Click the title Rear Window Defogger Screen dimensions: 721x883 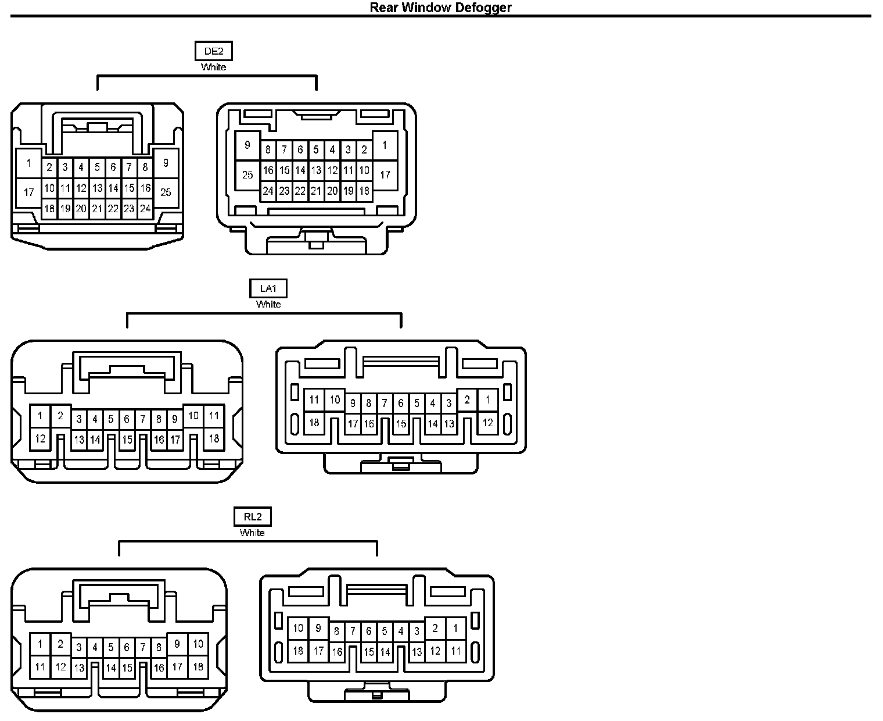(440, 8)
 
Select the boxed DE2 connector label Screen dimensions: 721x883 (213, 51)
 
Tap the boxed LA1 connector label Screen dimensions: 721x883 (268, 288)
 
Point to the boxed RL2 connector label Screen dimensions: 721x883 (252, 517)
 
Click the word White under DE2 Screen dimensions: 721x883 (213, 67)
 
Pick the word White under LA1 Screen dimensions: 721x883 (268, 304)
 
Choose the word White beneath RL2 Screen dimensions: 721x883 (252, 533)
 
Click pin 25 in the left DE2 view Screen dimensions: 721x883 (166, 192)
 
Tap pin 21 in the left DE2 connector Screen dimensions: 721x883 (97, 209)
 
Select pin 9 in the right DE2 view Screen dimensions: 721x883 (247, 145)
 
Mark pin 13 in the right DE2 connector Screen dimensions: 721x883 (316, 170)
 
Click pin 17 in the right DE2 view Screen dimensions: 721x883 (385, 174)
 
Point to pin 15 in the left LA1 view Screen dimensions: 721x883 (127, 440)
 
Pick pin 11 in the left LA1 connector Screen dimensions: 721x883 (214, 416)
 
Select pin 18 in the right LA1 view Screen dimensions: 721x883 (314, 423)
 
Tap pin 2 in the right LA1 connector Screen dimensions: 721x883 (467, 400)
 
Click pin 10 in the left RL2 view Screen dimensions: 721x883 (198, 644)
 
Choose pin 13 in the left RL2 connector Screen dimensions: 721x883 (79, 668)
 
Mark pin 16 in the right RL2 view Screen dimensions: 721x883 (337, 652)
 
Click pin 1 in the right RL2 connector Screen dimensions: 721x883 (455, 629)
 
